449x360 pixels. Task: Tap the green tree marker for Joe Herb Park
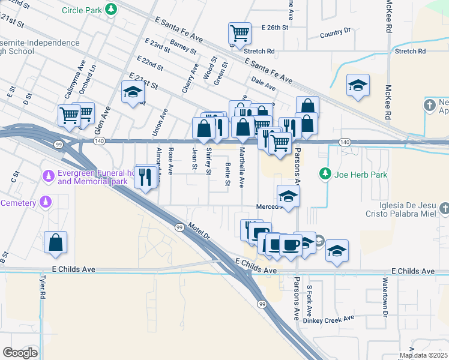pyautogui.click(x=325, y=175)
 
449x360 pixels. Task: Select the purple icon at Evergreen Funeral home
pyautogui.click(x=47, y=176)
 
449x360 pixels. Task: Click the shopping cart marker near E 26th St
pyautogui.click(x=240, y=33)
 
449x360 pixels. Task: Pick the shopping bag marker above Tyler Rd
pyautogui.click(x=55, y=242)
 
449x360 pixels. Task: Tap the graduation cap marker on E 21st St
pyautogui.click(x=133, y=92)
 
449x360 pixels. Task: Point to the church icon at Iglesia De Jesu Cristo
pyautogui.click(x=444, y=208)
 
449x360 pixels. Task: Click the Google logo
pyautogui.click(x=20, y=353)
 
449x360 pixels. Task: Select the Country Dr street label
pyautogui.click(x=336, y=33)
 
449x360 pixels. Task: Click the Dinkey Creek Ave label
pyautogui.click(x=329, y=319)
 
